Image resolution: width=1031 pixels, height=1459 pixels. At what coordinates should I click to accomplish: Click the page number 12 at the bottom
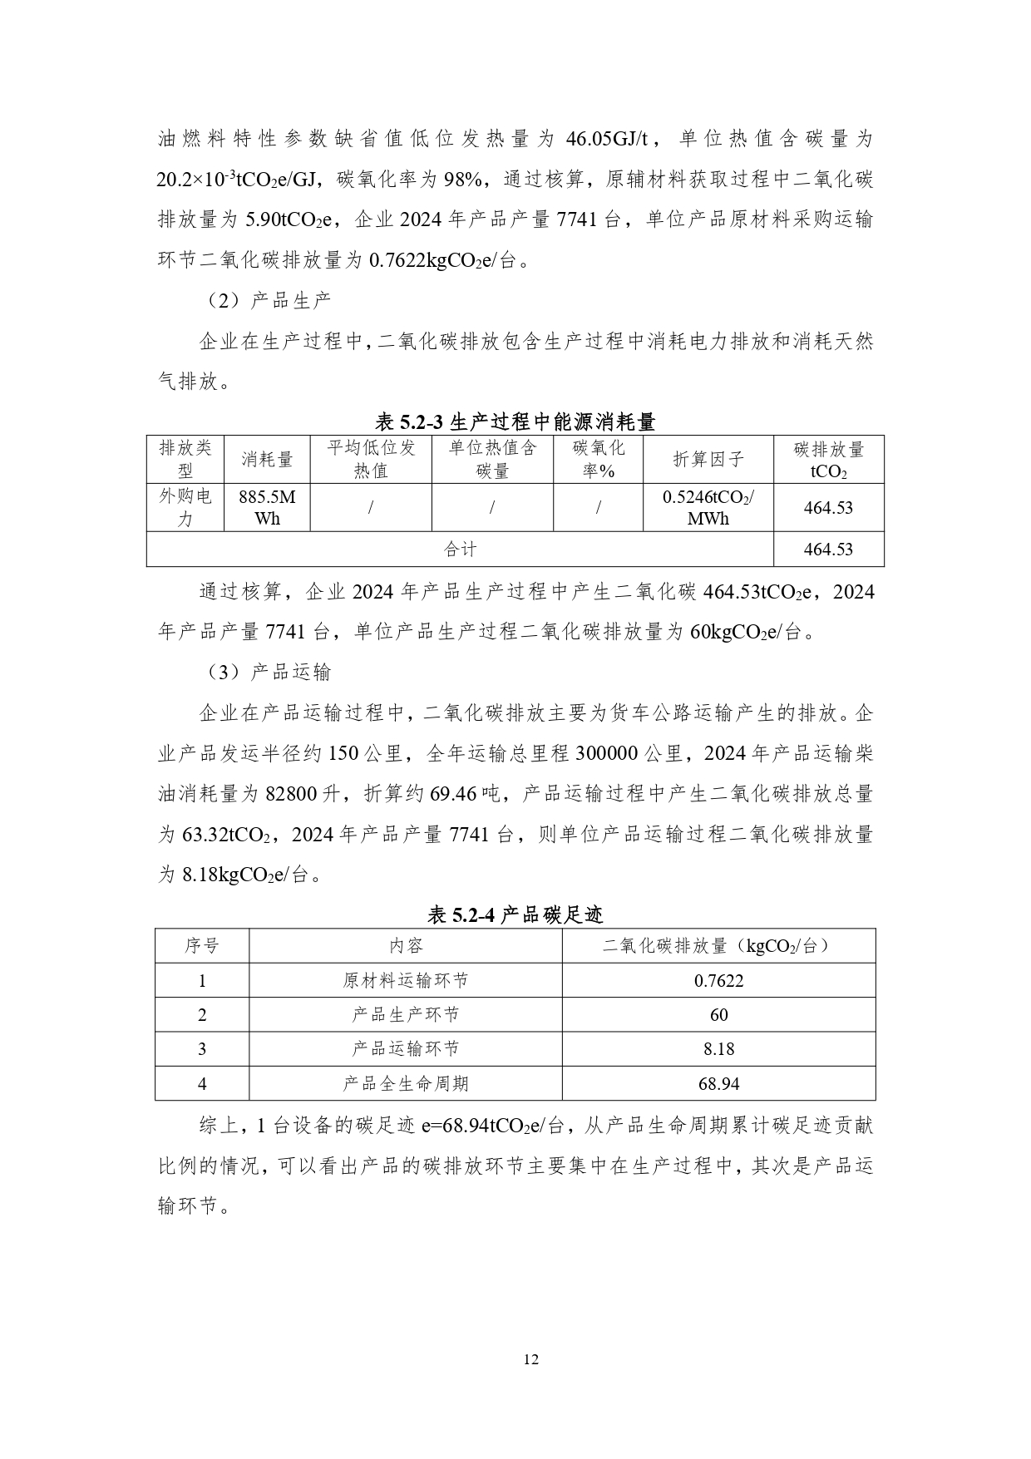point(531,1359)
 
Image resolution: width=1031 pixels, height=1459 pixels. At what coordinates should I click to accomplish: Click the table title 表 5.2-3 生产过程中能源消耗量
point(515,421)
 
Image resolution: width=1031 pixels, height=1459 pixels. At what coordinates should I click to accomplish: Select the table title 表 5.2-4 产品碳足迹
point(515,915)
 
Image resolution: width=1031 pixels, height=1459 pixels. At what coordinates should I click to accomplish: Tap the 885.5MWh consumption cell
point(267,507)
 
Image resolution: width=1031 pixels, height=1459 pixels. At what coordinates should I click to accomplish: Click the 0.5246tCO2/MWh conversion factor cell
point(708,507)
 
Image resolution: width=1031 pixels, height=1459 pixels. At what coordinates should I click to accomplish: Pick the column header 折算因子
point(708,459)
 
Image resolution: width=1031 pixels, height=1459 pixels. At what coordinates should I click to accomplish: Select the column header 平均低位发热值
point(371,459)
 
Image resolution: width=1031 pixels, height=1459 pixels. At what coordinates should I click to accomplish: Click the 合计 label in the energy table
point(460,549)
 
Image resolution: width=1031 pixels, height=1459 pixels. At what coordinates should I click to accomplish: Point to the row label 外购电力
point(185,507)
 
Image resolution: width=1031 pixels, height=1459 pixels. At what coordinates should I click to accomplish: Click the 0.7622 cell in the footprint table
point(718,980)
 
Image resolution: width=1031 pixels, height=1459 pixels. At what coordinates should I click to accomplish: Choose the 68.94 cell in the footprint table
point(718,1083)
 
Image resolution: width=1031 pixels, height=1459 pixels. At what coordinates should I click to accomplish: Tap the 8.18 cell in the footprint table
point(718,1049)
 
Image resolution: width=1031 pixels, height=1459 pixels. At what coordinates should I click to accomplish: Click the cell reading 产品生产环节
point(406,1014)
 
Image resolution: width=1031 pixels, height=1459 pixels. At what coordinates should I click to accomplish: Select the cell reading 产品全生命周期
point(406,1083)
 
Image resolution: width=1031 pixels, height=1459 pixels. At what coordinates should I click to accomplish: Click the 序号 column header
point(202,946)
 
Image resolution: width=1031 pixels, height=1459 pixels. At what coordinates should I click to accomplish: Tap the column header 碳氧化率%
point(598,459)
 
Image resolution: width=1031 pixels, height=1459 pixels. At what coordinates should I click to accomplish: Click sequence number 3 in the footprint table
point(202,1049)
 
